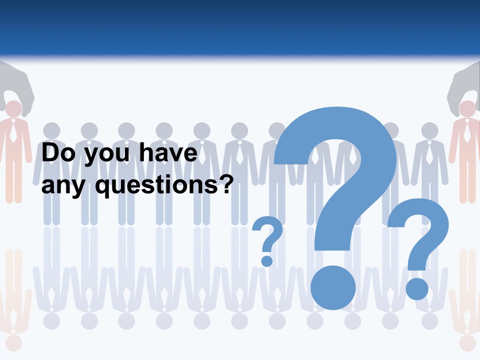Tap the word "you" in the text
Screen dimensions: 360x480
102,155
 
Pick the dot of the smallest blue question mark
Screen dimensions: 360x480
267,260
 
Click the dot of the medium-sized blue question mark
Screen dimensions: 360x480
416,288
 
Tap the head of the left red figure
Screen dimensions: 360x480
13,109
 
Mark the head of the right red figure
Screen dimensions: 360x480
467,109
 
